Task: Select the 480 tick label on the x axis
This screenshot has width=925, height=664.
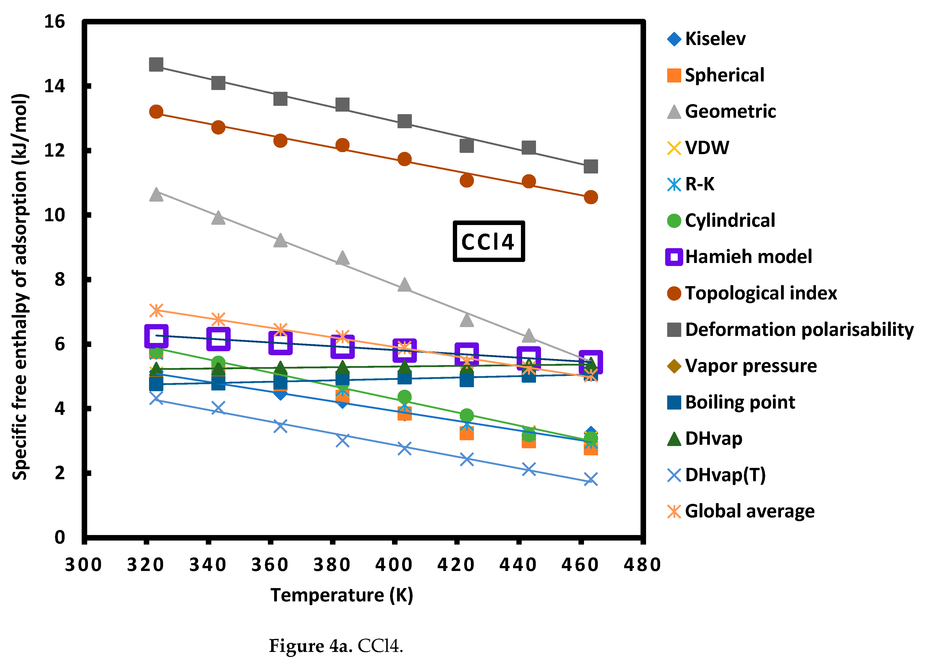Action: click(642, 565)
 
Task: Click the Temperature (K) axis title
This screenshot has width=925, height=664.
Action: click(342, 595)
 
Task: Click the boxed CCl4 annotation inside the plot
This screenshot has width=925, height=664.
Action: click(488, 242)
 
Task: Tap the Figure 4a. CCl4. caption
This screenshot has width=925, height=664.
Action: click(336, 646)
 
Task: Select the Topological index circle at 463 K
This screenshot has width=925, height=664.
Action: click(591, 197)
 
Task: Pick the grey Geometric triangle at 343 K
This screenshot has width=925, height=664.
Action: click(218, 217)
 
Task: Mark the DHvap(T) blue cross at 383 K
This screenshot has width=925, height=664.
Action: click(343, 440)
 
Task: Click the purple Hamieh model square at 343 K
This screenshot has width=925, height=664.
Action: click(218, 338)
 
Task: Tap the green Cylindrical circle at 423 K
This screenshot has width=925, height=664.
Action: click(467, 415)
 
